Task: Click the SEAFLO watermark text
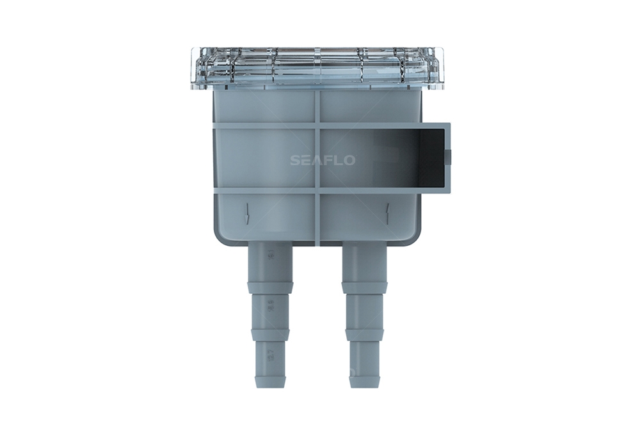[x=322, y=160]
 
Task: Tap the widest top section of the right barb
[x=364, y=262]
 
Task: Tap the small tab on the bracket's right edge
[x=448, y=156]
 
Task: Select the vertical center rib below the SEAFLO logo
[x=318, y=218]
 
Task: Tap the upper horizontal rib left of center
[x=262, y=126]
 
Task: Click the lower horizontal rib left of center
[x=262, y=190]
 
